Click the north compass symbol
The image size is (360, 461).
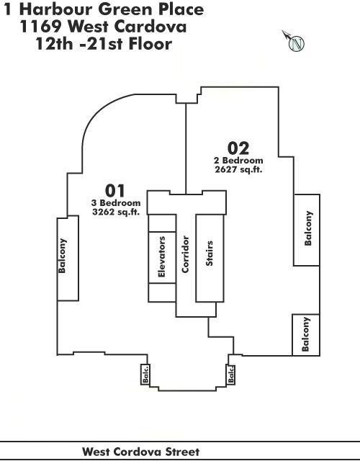[x=295, y=42]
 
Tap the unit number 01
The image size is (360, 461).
[x=115, y=190]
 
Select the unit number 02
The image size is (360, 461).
[x=238, y=148]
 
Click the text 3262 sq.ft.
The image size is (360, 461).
[x=116, y=212]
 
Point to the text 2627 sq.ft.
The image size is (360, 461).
[x=238, y=169]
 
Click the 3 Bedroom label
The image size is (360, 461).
[x=116, y=203]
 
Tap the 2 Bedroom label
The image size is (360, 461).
[x=238, y=161]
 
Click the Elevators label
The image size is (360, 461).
[x=161, y=256]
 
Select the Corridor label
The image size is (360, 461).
[x=185, y=254]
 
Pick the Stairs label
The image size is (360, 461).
[x=210, y=254]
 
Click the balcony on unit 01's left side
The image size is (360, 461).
[x=68, y=258]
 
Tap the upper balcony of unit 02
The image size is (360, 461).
[x=307, y=230]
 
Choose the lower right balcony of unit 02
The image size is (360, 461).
[x=306, y=335]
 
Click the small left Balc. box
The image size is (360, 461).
[x=145, y=374]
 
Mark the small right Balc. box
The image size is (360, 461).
[x=230, y=374]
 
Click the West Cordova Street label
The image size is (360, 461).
[x=141, y=452]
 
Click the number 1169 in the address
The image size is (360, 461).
[x=40, y=27]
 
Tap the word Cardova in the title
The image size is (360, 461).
[x=150, y=27]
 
